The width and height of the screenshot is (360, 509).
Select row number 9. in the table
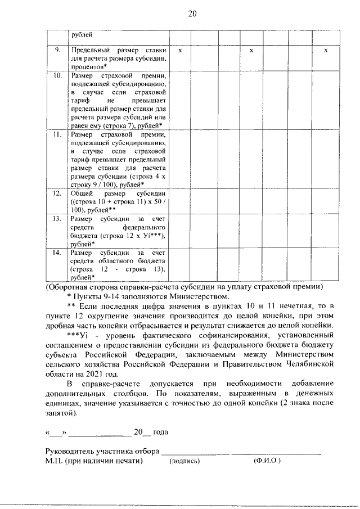coord(57,51)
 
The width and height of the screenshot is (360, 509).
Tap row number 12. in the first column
coord(57,193)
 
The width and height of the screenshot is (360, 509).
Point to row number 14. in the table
coord(57,253)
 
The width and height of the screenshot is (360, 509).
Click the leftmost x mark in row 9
coord(179,51)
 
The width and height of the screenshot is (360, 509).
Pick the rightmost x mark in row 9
coord(326,51)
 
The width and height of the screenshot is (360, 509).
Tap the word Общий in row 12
coord(82,193)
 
